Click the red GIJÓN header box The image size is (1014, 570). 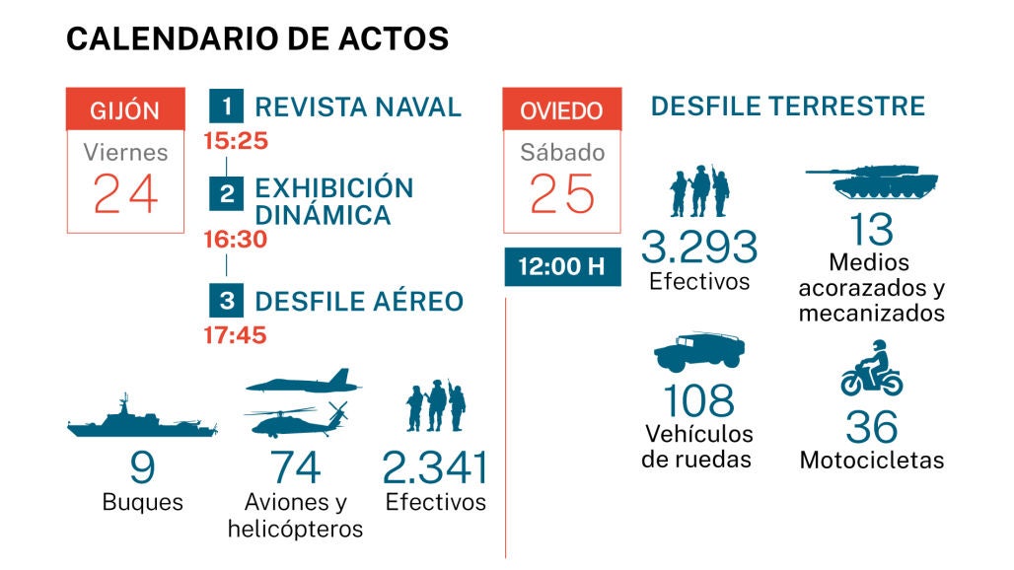124,109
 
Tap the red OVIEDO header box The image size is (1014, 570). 561,109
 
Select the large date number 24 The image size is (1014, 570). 125,193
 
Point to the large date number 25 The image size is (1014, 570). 561,193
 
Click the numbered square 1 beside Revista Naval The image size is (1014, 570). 227,106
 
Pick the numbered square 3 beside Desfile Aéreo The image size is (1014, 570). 227,300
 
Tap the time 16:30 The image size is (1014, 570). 236,240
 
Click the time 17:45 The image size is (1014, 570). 236,335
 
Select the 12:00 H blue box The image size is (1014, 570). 562,267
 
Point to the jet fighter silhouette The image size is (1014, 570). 304,382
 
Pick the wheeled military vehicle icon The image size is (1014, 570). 699,352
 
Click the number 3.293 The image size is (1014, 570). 699,247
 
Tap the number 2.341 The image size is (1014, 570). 435,467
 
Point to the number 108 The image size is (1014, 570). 698,400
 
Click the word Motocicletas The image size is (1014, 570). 871,461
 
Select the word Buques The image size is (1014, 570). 143,502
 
